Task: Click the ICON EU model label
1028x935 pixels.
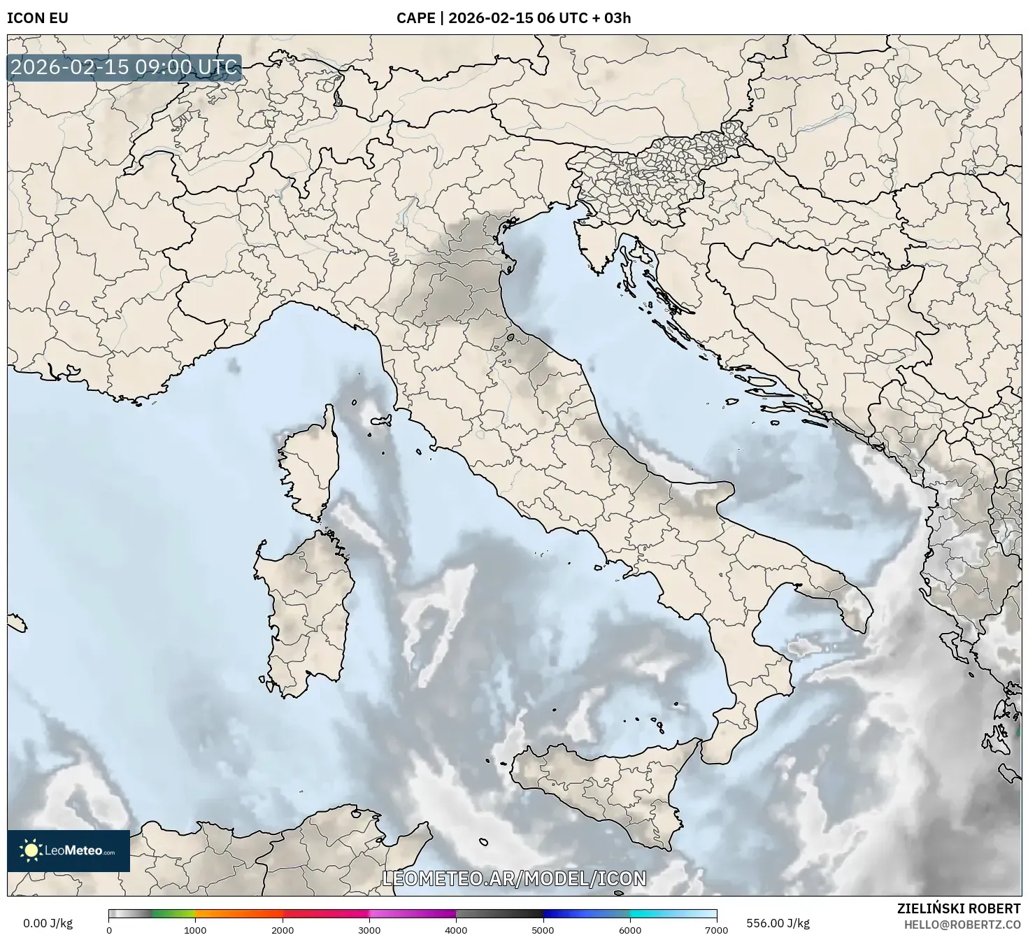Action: tap(38, 18)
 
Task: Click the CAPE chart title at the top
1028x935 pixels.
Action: tap(513, 18)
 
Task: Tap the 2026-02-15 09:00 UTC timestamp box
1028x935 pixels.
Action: tap(124, 68)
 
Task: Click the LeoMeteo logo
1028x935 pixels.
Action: tap(69, 850)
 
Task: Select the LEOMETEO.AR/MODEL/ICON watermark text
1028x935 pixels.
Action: tap(514, 878)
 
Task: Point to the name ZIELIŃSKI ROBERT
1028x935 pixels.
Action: tap(958, 908)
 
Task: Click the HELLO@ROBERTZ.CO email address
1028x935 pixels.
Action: tap(962, 924)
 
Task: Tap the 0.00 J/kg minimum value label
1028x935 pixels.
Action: tap(48, 923)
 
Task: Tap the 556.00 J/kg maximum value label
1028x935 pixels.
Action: tap(778, 923)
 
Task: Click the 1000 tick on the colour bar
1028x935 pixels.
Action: tap(195, 929)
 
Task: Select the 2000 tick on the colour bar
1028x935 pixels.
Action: tap(283, 929)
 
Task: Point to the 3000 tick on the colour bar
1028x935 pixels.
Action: tap(369, 929)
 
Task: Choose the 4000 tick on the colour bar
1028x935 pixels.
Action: tap(456, 929)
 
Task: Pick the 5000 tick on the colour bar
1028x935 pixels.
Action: tap(543, 929)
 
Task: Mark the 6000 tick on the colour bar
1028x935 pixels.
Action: tap(630, 929)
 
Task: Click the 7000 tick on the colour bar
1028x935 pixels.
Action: tap(717, 929)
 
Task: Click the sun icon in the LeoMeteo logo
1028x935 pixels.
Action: tap(31, 850)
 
